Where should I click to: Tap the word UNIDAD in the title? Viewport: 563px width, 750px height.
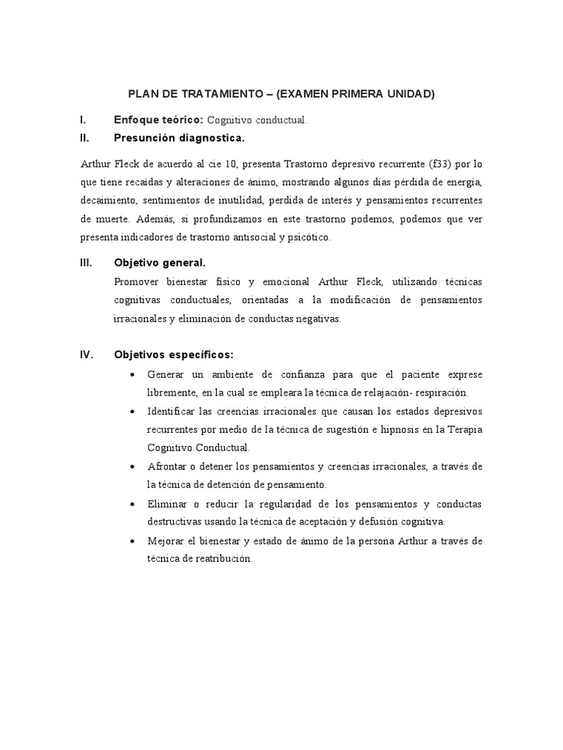pyautogui.click(x=410, y=94)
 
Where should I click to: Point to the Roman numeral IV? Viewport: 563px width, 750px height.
pyautogui.click(x=85, y=355)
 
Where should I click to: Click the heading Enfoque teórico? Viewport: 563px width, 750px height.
pyautogui.click(x=159, y=119)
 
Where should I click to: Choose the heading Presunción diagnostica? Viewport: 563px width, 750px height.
pyautogui.click(x=179, y=138)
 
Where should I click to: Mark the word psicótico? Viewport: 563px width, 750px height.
pyautogui.click(x=312, y=238)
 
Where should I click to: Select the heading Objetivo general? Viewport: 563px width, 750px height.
pyautogui.click(x=160, y=262)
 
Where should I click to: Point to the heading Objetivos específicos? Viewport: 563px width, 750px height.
pyautogui.click(x=174, y=355)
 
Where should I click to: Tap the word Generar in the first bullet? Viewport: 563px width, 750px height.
pyautogui.click(x=166, y=374)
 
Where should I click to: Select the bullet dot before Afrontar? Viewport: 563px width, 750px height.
pyautogui.click(x=131, y=467)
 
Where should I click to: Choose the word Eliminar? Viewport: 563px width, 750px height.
pyautogui.click(x=167, y=505)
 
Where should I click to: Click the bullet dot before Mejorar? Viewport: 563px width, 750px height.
pyautogui.click(x=131, y=541)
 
